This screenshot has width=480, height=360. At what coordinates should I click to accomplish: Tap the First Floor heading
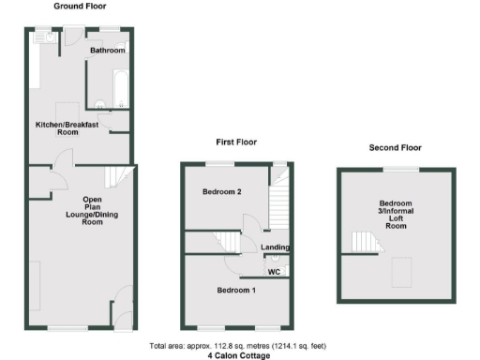pos(232,143)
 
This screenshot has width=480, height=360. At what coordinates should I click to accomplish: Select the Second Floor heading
pos(395,147)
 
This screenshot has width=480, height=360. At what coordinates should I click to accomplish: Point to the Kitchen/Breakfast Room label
pos(69,128)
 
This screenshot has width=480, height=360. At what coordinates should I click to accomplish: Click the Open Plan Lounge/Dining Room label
pos(92,211)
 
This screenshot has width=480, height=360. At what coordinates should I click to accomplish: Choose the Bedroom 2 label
pos(223,192)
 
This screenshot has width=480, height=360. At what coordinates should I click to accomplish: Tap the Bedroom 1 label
pos(236,291)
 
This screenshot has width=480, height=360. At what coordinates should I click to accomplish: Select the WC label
pos(274,272)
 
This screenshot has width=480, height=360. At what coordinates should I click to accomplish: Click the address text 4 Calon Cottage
pos(238,355)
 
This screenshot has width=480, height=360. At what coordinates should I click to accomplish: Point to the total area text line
pos(238,346)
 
